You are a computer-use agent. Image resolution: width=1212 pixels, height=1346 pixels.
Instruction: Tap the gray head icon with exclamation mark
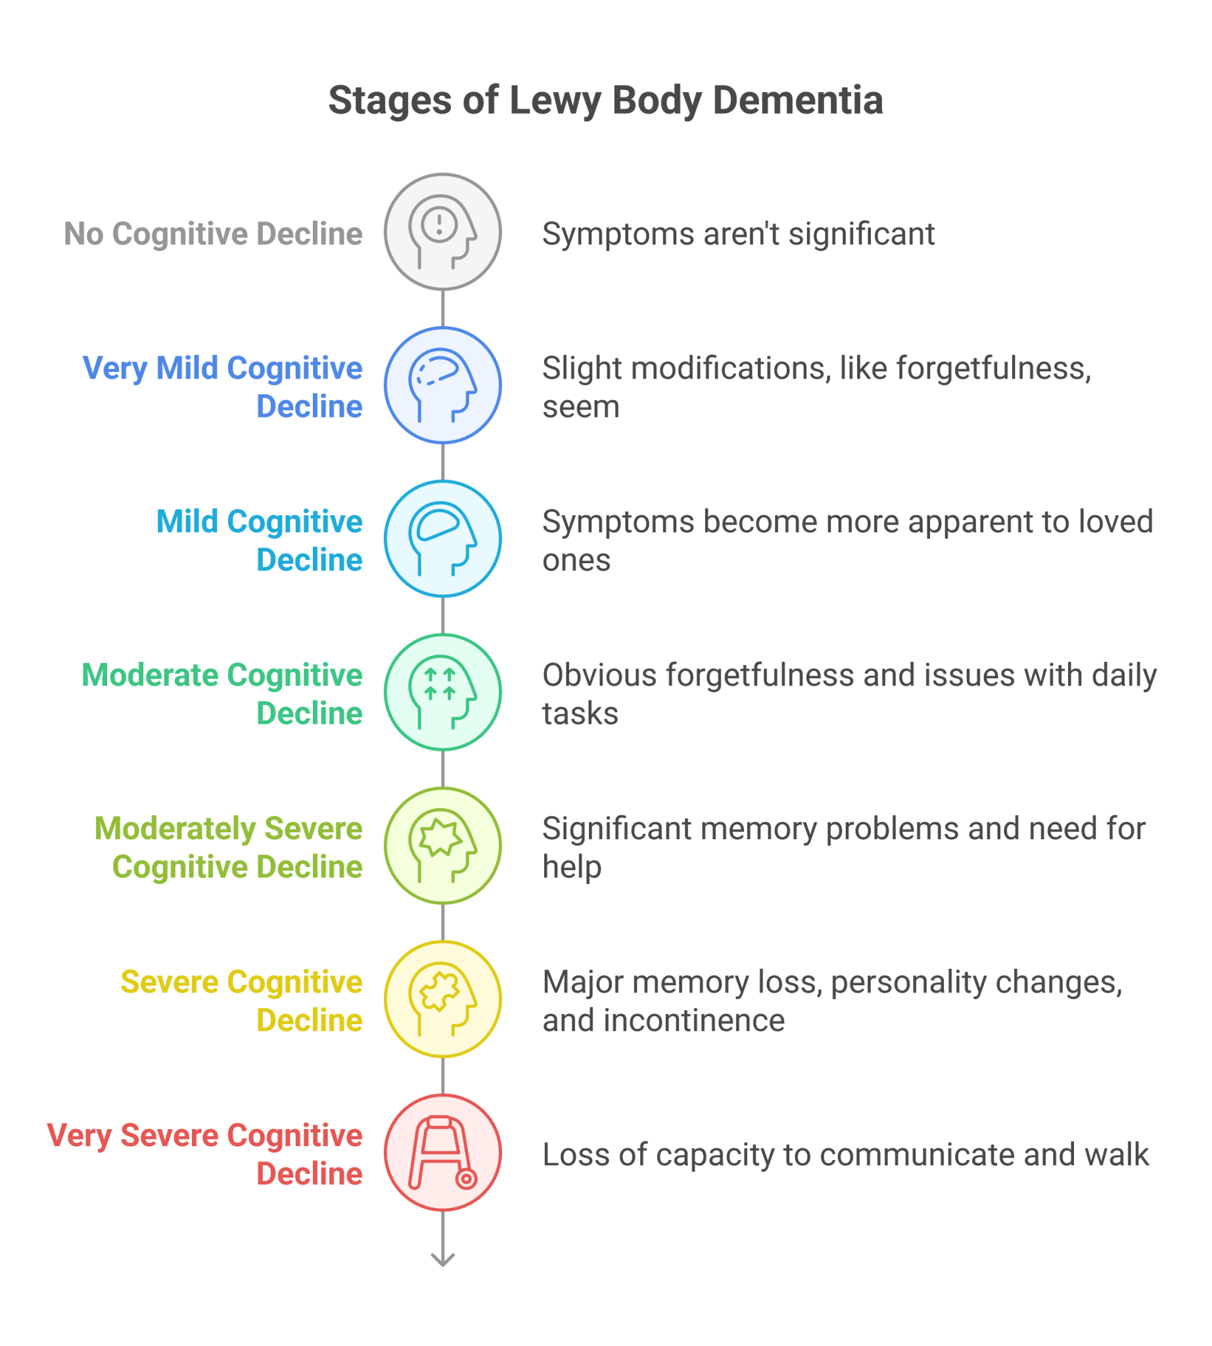pyautogui.click(x=443, y=232)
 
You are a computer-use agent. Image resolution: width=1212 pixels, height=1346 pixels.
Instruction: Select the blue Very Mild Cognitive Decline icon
pyautogui.click(x=443, y=385)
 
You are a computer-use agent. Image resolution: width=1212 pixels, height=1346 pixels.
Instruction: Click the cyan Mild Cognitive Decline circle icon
pyautogui.click(x=443, y=538)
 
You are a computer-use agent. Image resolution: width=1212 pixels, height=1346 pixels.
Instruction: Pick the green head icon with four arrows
pyautogui.click(x=443, y=692)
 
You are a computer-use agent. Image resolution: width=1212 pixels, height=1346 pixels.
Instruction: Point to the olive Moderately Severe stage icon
pyautogui.click(x=443, y=845)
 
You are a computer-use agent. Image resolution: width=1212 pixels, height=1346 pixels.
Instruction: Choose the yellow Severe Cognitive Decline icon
pyautogui.click(x=443, y=998)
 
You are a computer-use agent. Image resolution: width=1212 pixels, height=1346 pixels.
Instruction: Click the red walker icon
pyautogui.click(x=443, y=1152)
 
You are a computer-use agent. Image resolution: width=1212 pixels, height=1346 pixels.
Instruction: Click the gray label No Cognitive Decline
pyautogui.click(x=213, y=234)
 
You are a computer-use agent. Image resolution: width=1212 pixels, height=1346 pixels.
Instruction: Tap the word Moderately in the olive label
pyautogui.click(x=175, y=829)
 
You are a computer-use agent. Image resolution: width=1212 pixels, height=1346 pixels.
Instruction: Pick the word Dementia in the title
pyautogui.click(x=798, y=100)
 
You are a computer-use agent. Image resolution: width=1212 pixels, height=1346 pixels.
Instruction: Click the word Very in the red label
pyautogui.click(x=80, y=1136)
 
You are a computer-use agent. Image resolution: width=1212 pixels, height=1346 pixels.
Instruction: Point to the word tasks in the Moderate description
pyautogui.click(x=580, y=713)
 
